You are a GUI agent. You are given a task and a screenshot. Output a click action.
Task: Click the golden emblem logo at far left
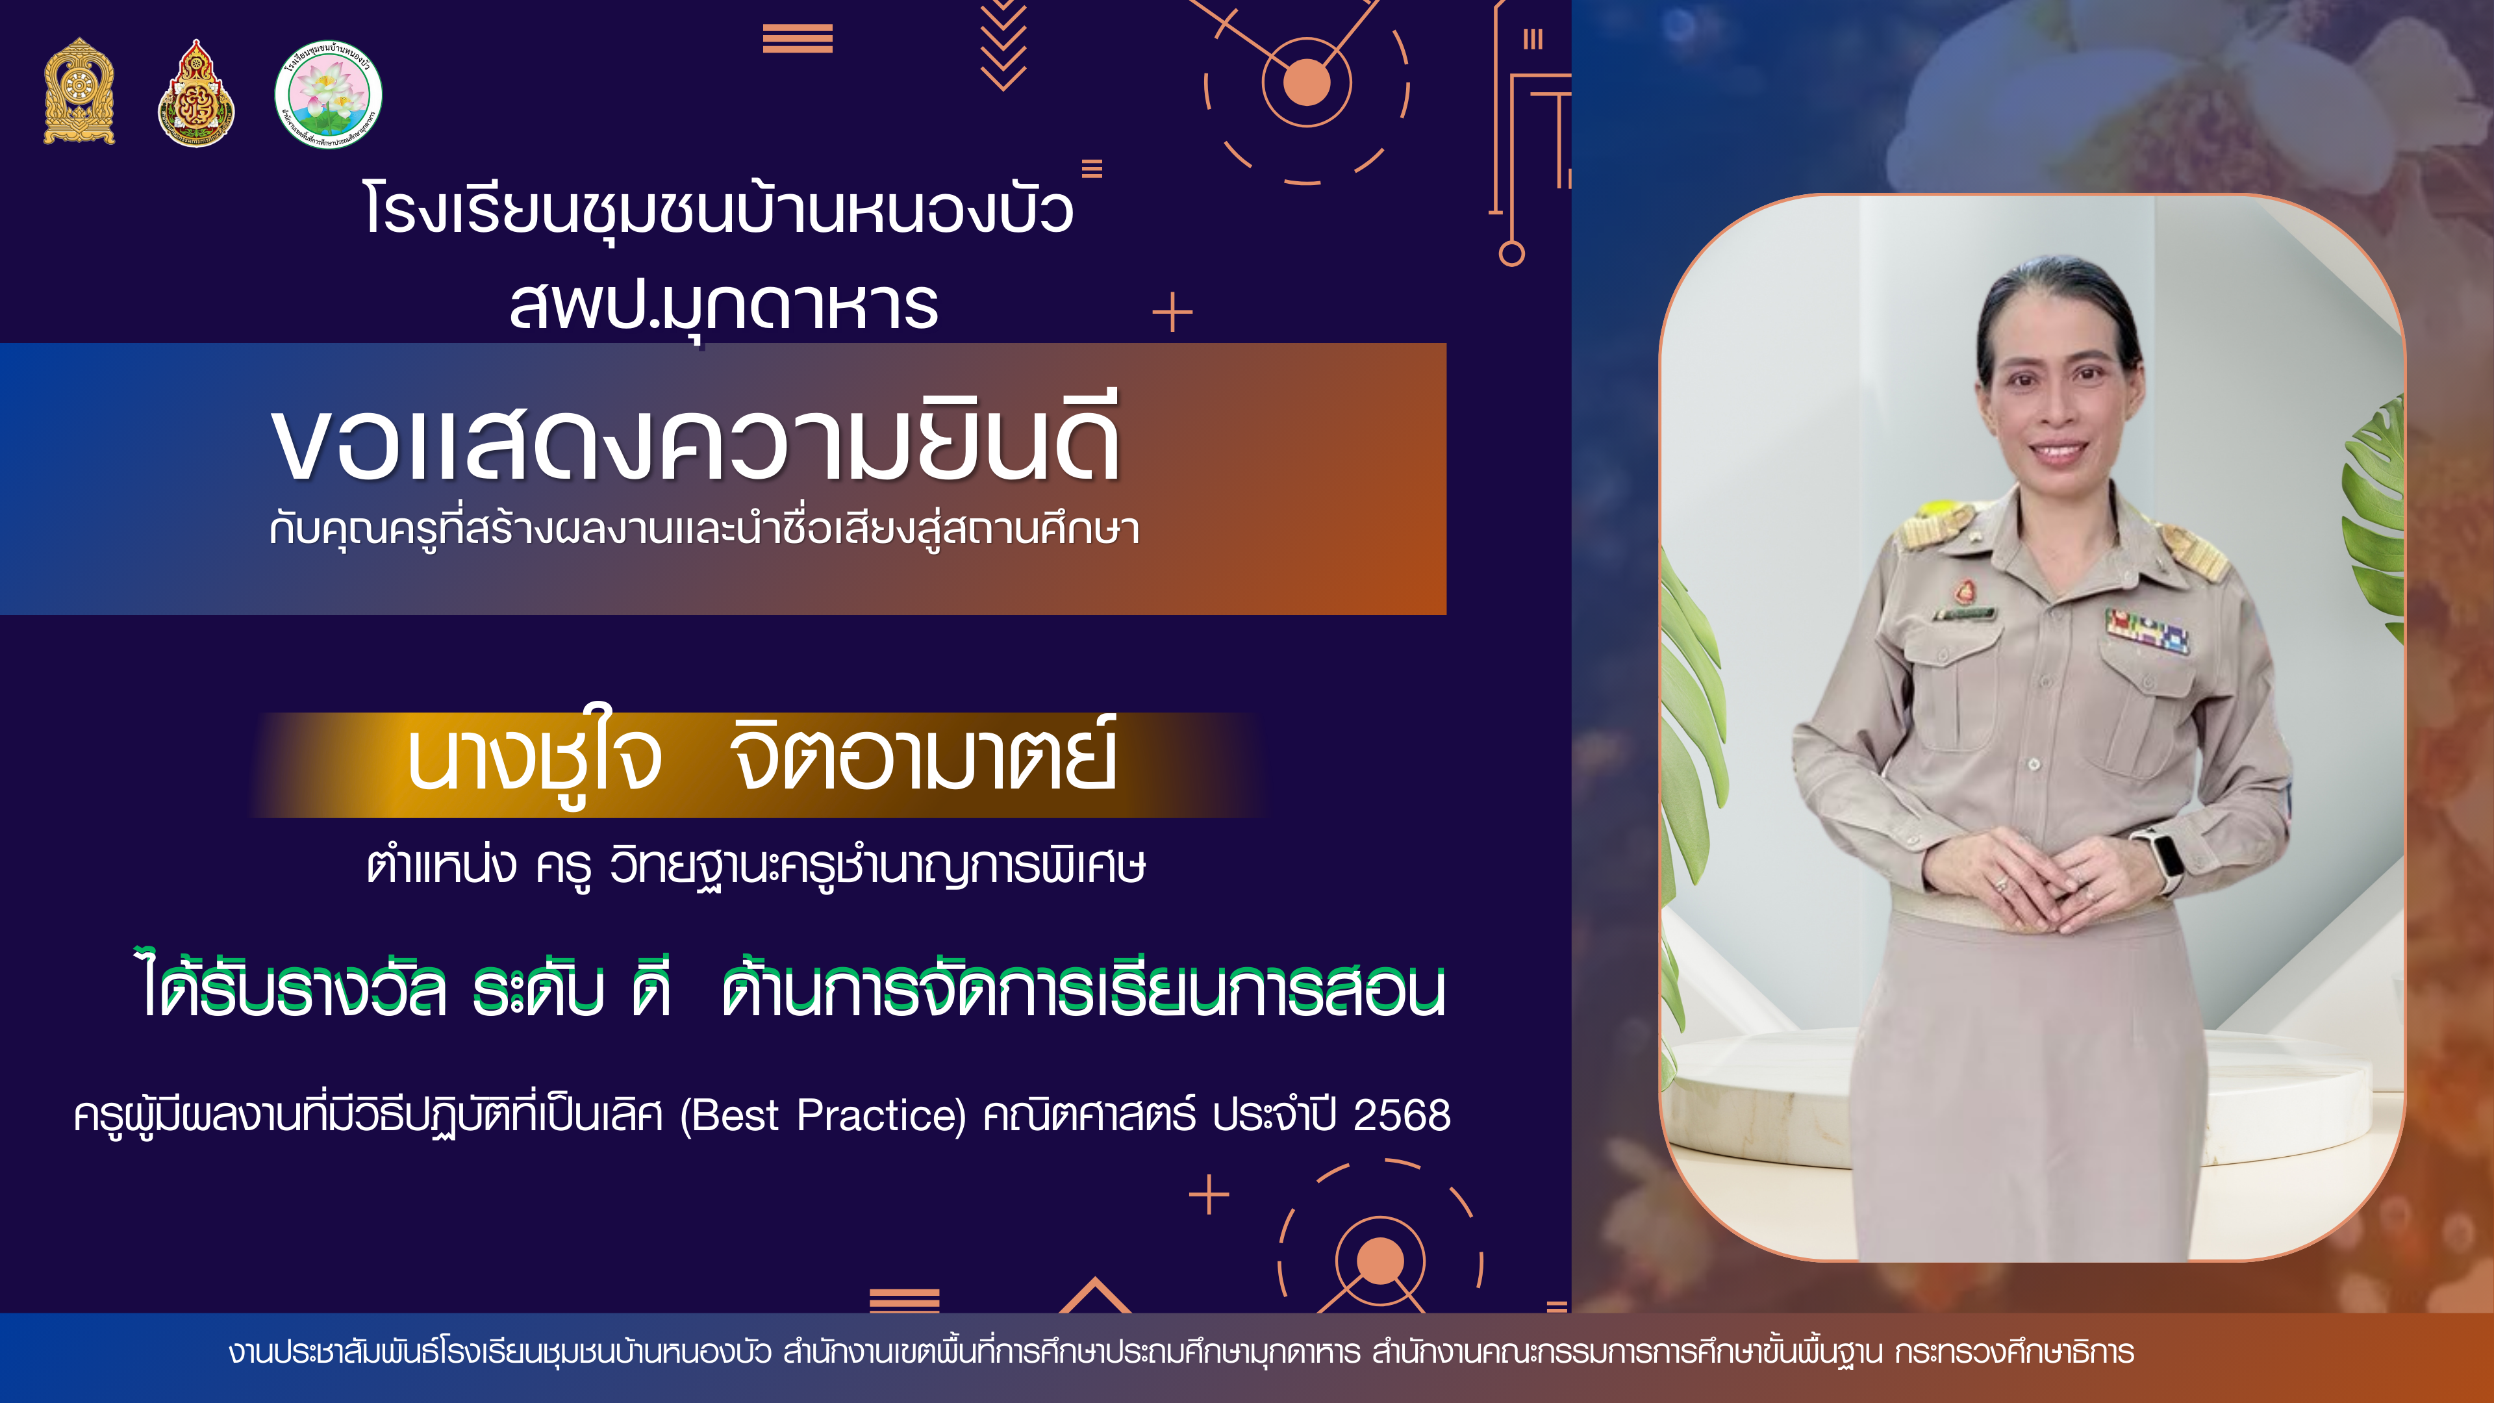pyautogui.click(x=79, y=92)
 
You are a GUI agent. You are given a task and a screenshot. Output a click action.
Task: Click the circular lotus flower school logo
pyautogui.click(x=328, y=94)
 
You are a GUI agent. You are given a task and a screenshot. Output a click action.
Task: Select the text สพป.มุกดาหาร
pyautogui.click(x=724, y=306)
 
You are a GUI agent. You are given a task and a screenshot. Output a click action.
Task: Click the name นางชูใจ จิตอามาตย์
pyautogui.click(x=762, y=759)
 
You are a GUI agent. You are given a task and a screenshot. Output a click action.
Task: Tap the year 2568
pyautogui.click(x=1402, y=1115)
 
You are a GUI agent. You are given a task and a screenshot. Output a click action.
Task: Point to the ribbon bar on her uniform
pyautogui.click(x=2147, y=629)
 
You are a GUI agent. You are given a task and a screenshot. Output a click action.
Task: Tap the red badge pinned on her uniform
pyautogui.click(x=1965, y=590)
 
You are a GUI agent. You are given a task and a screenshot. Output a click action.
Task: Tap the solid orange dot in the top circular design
pyautogui.click(x=1306, y=82)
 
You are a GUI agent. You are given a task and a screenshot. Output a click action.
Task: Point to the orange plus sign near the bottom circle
pyautogui.click(x=1209, y=1195)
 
